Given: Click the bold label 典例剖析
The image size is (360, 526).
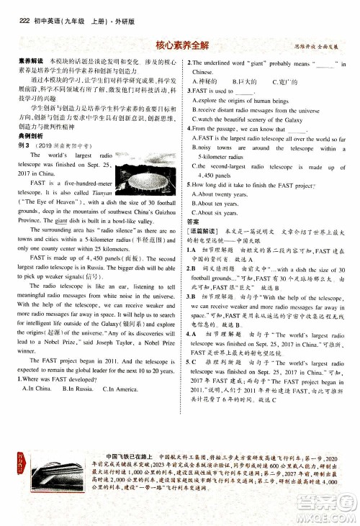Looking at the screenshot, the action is pos(22,137).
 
